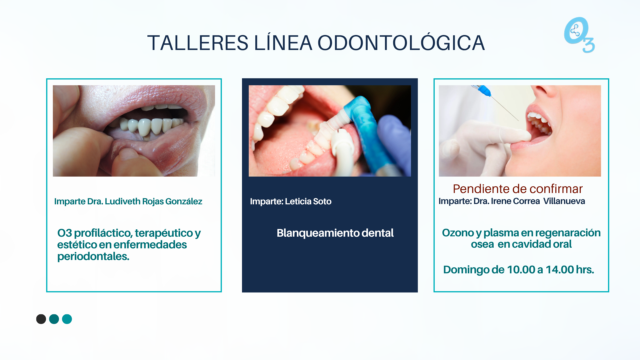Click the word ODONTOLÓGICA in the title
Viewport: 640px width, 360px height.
401,43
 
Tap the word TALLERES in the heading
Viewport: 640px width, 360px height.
198,43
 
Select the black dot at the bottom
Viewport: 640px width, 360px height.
41,319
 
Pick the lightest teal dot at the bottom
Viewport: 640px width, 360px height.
67,319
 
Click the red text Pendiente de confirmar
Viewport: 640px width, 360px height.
518,189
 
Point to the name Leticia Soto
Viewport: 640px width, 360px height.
308,201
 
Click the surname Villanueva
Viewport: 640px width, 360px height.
564,201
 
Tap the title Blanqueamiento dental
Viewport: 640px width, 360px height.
335,233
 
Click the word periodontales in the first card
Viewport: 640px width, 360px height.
93,257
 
